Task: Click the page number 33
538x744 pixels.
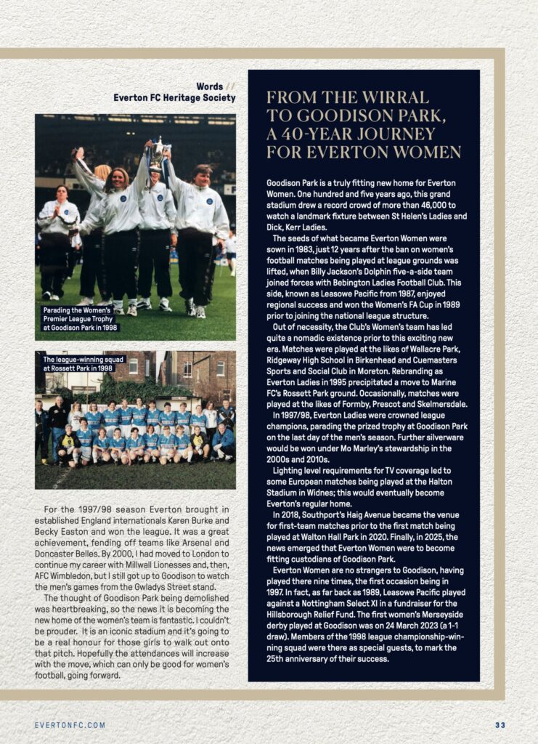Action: (x=500, y=725)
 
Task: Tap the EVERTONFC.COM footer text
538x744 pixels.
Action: (x=70, y=725)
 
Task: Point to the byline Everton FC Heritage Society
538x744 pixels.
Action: (x=174, y=98)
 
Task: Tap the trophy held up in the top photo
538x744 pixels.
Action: (x=157, y=155)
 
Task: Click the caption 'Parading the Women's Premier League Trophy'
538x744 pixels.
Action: (x=80, y=319)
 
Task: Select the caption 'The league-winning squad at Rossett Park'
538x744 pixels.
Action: (x=83, y=363)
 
